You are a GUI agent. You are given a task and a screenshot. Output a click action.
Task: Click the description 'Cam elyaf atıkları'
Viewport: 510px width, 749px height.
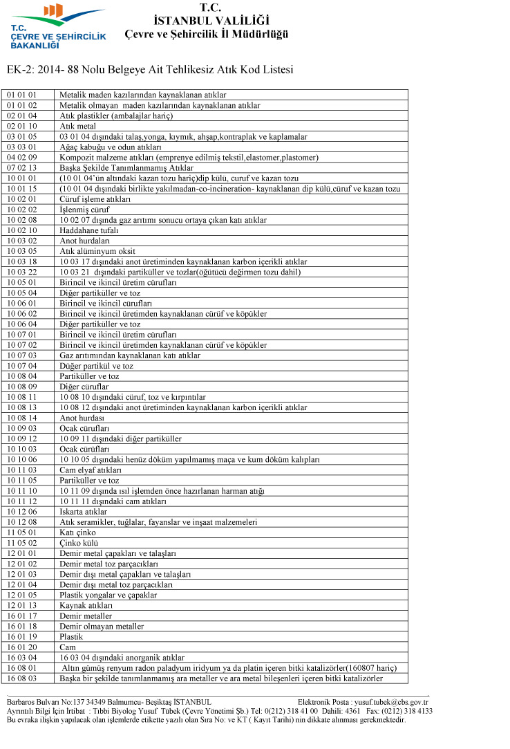91,470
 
